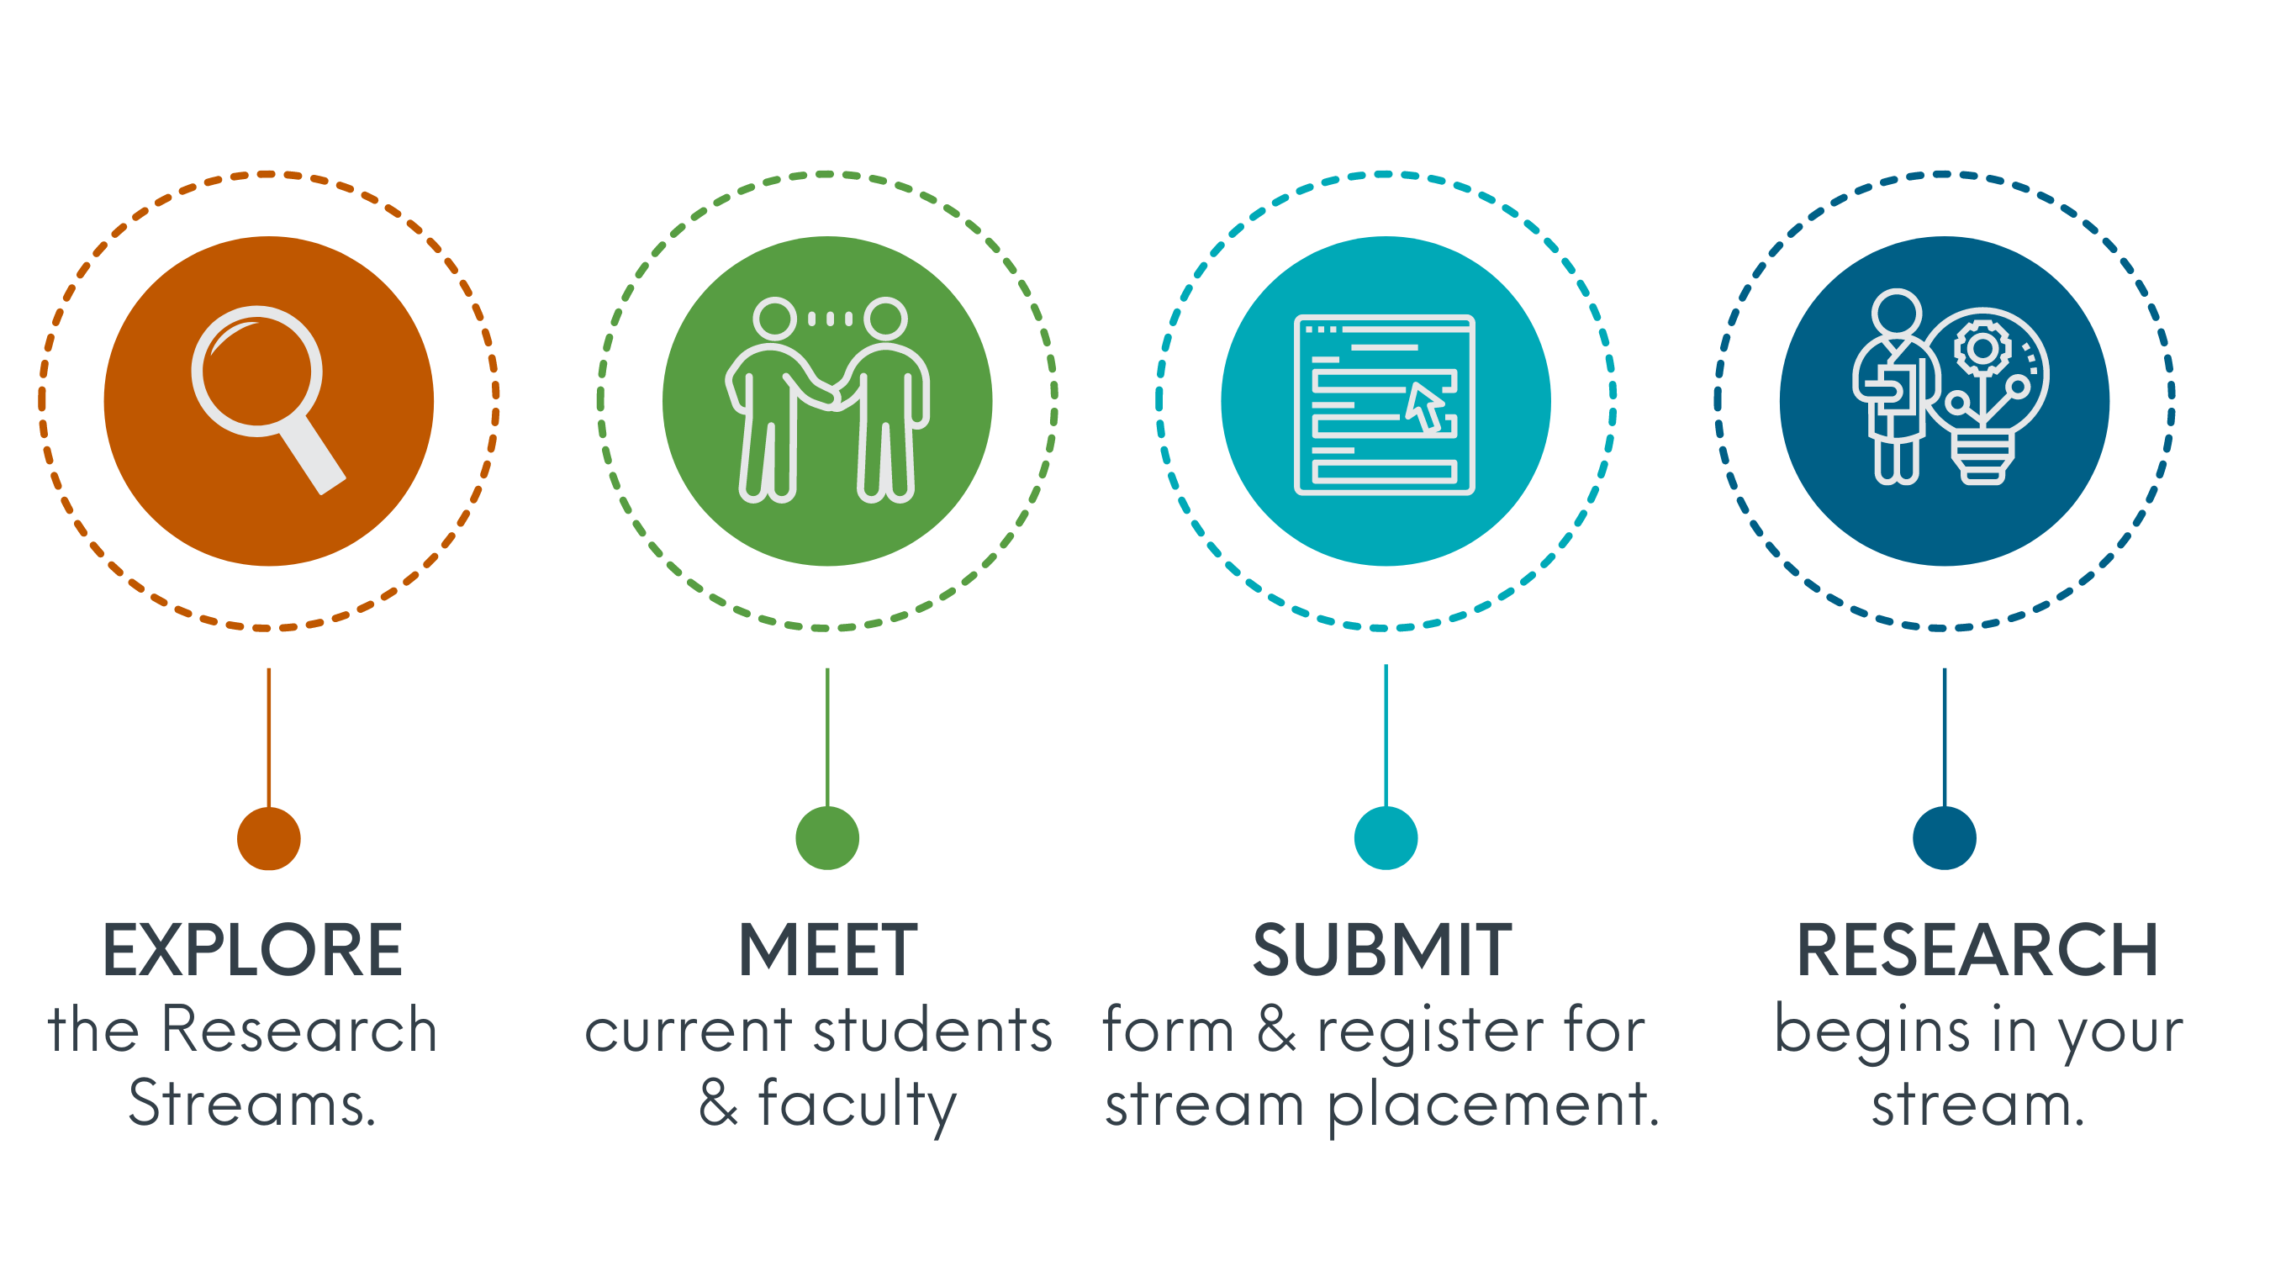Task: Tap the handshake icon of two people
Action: click(x=827, y=400)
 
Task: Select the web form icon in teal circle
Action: click(x=1385, y=404)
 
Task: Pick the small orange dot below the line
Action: click(x=269, y=838)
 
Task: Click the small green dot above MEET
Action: click(x=827, y=838)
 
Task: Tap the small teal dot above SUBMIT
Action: click(x=1386, y=838)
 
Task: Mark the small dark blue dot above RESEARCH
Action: click(x=1945, y=838)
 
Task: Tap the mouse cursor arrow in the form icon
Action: click(x=1426, y=406)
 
